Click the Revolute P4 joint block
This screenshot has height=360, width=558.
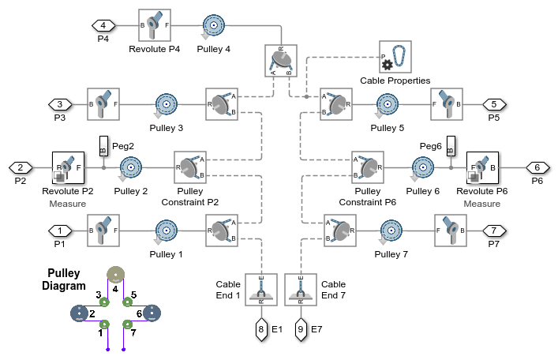pos(154,25)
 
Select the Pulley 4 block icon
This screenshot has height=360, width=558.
pos(213,25)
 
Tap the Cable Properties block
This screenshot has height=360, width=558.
pos(395,57)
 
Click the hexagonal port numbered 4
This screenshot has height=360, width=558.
pos(103,25)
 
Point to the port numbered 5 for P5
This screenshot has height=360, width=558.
pos(494,103)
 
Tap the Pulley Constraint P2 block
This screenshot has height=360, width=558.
pos(189,167)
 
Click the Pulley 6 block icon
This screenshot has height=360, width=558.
pos(425,167)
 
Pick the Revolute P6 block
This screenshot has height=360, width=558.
pos(482,167)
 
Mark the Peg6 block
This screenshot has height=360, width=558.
pos(450,147)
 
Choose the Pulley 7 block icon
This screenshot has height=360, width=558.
pos(391,231)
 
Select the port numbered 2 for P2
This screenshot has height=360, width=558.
pos(21,167)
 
